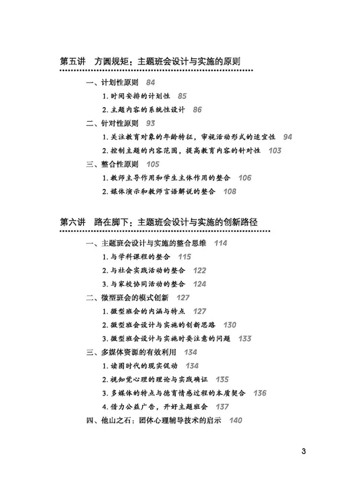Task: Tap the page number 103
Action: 275,151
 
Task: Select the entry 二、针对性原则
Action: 112,123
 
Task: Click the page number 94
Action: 288,137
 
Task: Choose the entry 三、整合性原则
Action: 112,164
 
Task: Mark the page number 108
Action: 230,192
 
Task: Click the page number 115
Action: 184,257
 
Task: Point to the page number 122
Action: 199,271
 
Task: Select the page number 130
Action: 230,325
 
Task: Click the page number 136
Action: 260,393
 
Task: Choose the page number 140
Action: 236,420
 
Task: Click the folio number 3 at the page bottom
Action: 303,451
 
